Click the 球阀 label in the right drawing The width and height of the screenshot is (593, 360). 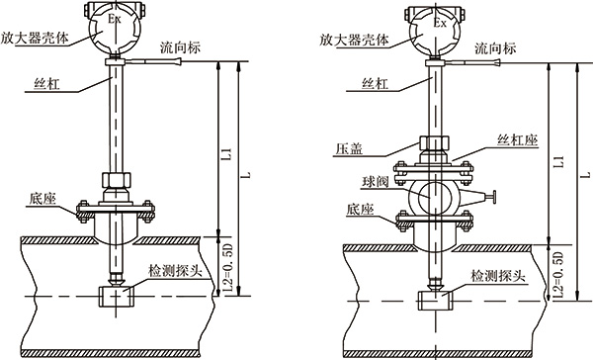[x=376, y=182]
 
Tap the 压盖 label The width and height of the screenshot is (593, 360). [x=349, y=148]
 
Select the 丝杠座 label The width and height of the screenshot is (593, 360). [x=517, y=140]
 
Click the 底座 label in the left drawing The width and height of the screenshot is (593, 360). [x=42, y=199]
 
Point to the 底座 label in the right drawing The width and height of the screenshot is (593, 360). [x=360, y=210]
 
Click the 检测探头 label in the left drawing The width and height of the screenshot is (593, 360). [x=175, y=271]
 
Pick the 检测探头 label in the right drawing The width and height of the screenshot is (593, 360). [x=498, y=276]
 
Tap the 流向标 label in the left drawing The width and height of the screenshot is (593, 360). [x=180, y=47]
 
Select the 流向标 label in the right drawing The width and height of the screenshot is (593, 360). [x=495, y=48]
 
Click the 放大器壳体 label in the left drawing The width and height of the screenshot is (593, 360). [x=35, y=38]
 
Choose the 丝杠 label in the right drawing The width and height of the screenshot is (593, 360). [x=376, y=84]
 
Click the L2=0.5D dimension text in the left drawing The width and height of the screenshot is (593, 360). [x=228, y=267]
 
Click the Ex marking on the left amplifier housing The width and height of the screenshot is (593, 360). [x=115, y=19]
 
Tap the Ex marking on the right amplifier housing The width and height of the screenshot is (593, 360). [x=440, y=23]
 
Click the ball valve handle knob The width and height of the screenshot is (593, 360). [x=494, y=198]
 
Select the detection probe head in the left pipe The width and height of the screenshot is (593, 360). [x=116, y=297]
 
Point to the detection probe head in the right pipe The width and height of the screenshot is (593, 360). [x=435, y=302]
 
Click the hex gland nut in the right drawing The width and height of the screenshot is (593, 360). [x=434, y=143]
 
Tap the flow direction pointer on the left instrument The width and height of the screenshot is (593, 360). [x=153, y=61]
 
